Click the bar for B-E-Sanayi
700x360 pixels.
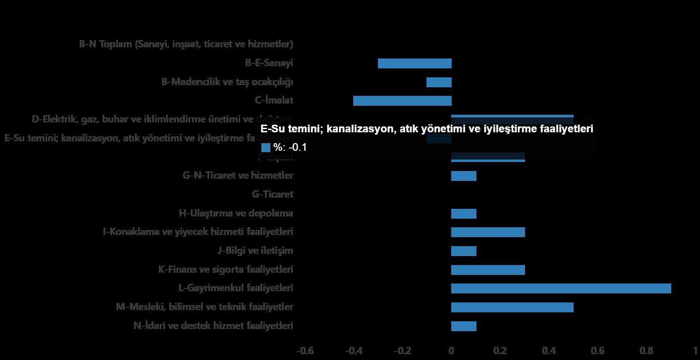414,63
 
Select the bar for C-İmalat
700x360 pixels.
402,101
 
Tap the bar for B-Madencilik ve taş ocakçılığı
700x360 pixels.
439,82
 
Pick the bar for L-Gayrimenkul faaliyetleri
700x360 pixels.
561,288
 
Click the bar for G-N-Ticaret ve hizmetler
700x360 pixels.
464,176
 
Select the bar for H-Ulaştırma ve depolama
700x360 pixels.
464,214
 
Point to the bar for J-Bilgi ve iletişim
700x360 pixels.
464,251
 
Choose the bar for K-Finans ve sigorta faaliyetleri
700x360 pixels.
488,270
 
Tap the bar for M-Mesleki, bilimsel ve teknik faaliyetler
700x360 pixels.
512,307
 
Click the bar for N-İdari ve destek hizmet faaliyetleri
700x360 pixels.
464,326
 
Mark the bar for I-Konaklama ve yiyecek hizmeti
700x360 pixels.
488,232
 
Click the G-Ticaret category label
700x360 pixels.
273,194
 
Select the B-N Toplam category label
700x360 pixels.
186,44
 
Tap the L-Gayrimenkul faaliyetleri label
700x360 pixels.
236,288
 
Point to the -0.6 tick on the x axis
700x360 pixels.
305,351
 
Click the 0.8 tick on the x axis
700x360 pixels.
646,351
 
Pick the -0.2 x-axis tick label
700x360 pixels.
403,351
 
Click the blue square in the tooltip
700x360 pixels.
265,147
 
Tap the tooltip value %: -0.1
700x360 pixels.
290,147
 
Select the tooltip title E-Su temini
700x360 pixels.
426,129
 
